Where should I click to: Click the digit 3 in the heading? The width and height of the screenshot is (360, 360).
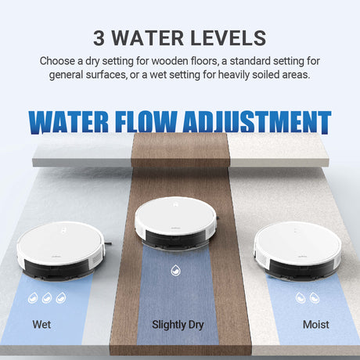(x=99, y=38)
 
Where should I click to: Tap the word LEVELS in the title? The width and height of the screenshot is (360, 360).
(x=229, y=38)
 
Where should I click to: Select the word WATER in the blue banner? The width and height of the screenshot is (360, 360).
(x=68, y=122)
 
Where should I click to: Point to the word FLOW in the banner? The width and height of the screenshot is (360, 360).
(x=146, y=122)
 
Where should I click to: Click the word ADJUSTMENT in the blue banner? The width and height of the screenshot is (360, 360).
(x=257, y=122)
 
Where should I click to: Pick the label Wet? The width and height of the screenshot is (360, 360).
(x=41, y=325)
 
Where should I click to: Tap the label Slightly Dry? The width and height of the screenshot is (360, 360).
(x=178, y=325)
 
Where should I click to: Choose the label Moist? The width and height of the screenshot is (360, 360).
(x=316, y=325)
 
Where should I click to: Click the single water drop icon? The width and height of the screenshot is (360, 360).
(x=176, y=270)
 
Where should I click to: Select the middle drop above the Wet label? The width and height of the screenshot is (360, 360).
(x=47, y=297)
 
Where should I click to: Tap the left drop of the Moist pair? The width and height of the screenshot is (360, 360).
(x=301, y=297)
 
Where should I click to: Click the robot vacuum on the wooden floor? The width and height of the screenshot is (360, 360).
(x=176, y=222)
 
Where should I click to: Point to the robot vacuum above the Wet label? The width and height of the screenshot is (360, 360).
(x=60, y=250)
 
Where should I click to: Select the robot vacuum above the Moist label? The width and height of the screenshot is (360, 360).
(x=298, y=250)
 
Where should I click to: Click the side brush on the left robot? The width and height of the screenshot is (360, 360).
(x=108, y=243)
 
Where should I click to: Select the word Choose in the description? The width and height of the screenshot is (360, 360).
(x=57, y=61)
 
